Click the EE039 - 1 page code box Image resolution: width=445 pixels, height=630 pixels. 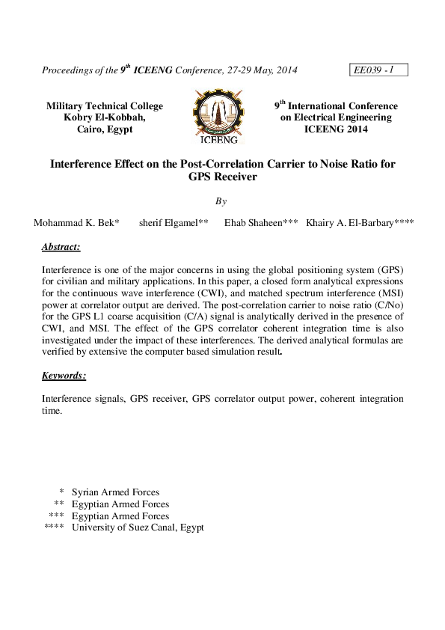378,70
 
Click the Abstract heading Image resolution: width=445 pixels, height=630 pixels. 61,246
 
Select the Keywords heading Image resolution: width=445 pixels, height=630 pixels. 64,376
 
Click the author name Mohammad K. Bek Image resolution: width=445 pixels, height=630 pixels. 76,223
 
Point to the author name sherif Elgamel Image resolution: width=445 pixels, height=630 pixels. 174,223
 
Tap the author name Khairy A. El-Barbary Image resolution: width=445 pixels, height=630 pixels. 360,223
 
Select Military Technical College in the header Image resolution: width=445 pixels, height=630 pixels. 105,106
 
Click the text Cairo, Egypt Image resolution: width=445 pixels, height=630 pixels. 105,129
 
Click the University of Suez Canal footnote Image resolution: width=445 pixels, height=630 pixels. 138,527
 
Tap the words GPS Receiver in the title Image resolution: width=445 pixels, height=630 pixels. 223,177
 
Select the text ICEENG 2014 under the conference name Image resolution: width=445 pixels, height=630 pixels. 336,129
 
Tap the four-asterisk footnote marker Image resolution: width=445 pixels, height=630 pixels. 55,527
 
